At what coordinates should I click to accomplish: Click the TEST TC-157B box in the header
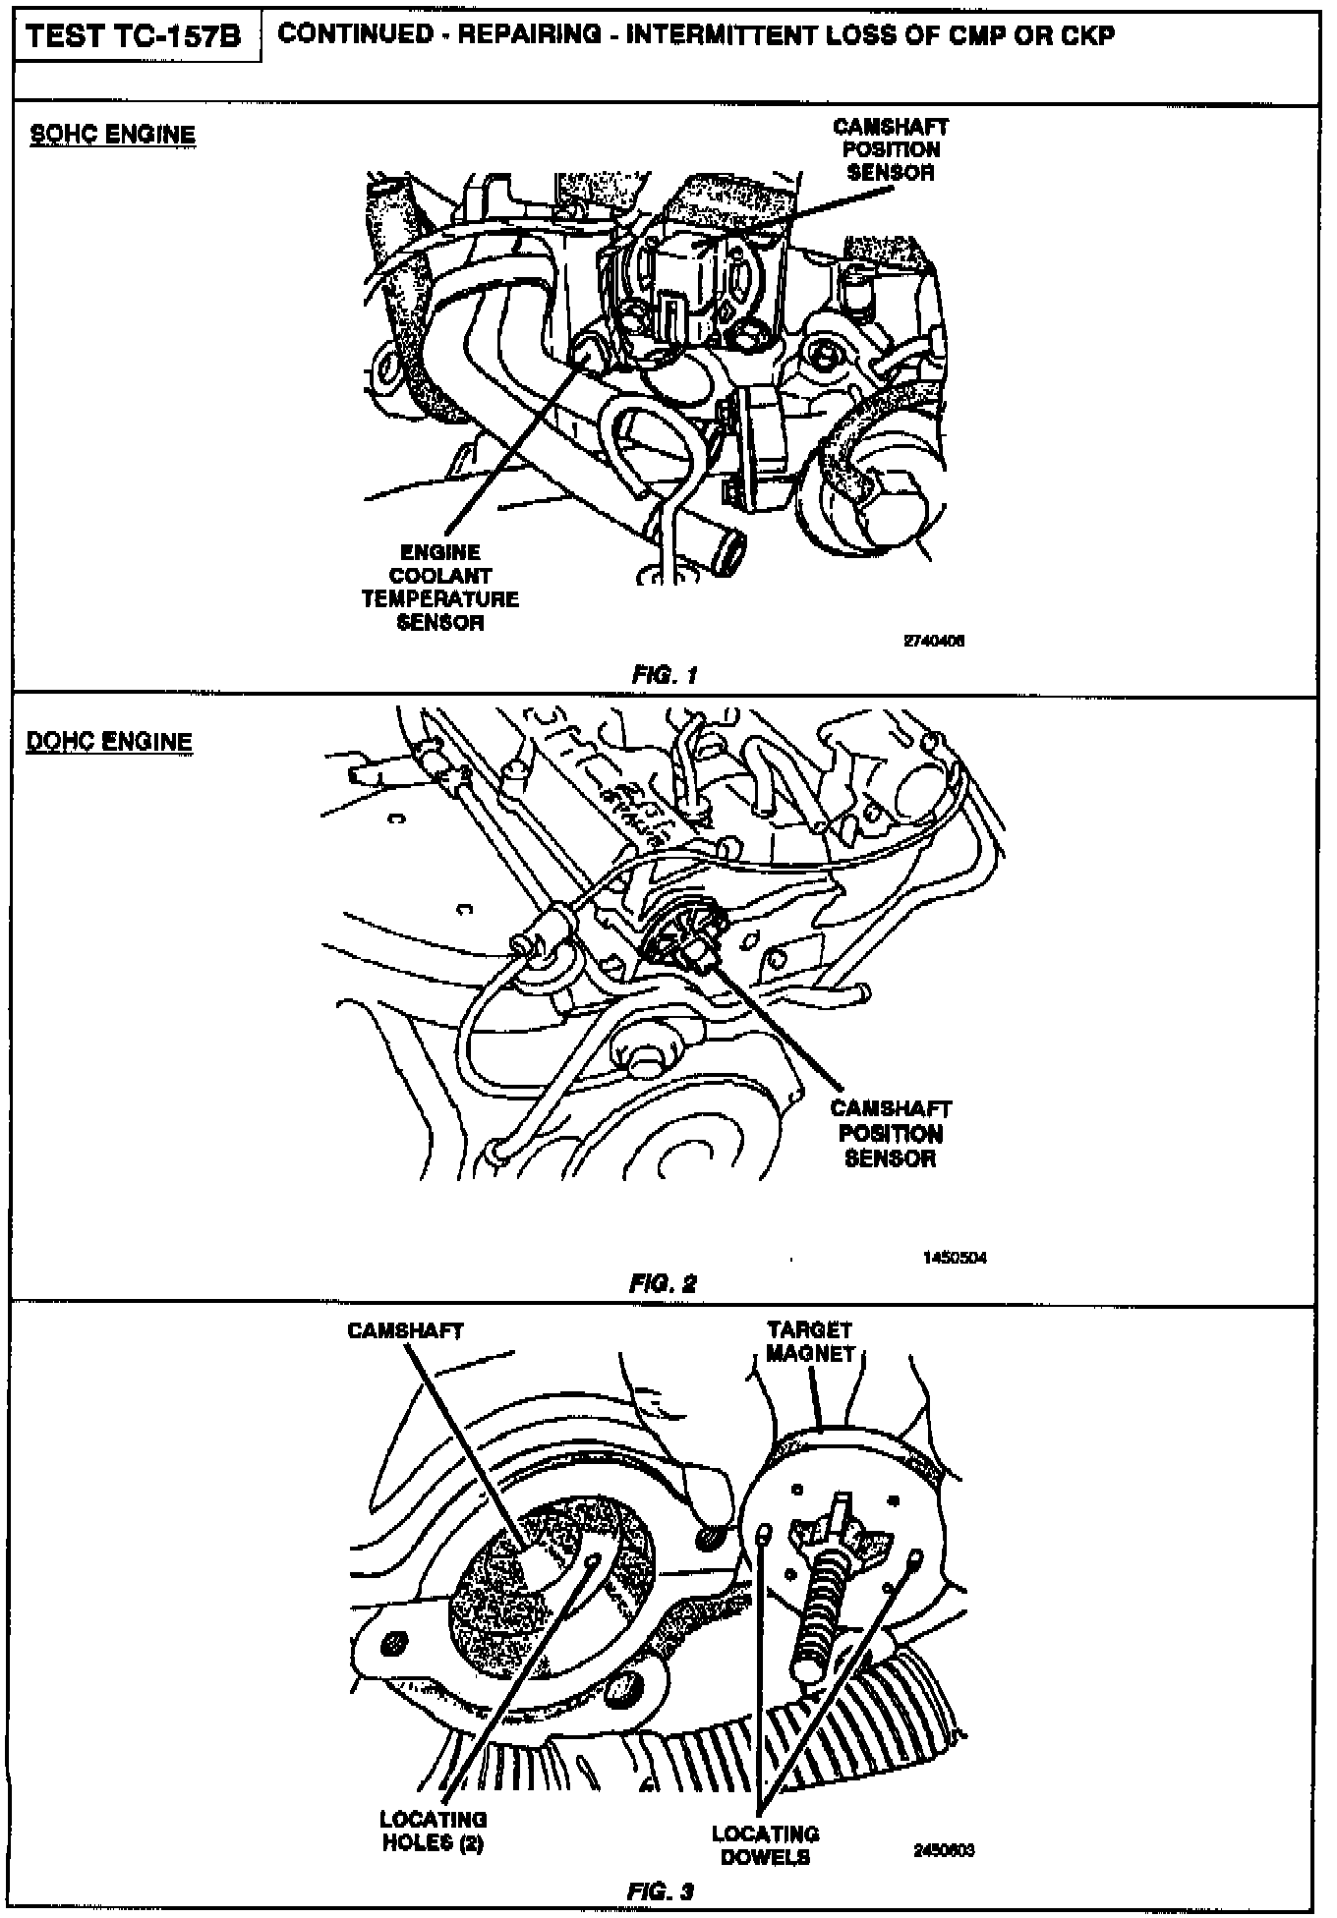tap(133, 37)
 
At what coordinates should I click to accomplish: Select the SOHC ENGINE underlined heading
tap(110, 135)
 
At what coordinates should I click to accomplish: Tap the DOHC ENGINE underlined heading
tap(108, 741)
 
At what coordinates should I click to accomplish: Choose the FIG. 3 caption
tap(661, 1891)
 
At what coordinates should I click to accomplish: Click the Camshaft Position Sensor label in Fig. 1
tap(890, 149)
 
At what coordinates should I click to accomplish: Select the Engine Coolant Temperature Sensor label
tap(439, 587)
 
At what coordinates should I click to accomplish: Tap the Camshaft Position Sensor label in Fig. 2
tap(890, 1133)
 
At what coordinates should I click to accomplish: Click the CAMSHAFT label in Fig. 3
tap(405, 1330)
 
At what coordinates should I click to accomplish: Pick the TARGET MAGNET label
tap(810, 1341)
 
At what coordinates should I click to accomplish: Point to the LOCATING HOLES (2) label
tap(433, 1832)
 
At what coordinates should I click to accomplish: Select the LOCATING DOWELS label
tap(765, 1844)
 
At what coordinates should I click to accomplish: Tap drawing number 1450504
tap(956, 1258)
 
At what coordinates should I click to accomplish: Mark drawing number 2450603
tap(944, 1850)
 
